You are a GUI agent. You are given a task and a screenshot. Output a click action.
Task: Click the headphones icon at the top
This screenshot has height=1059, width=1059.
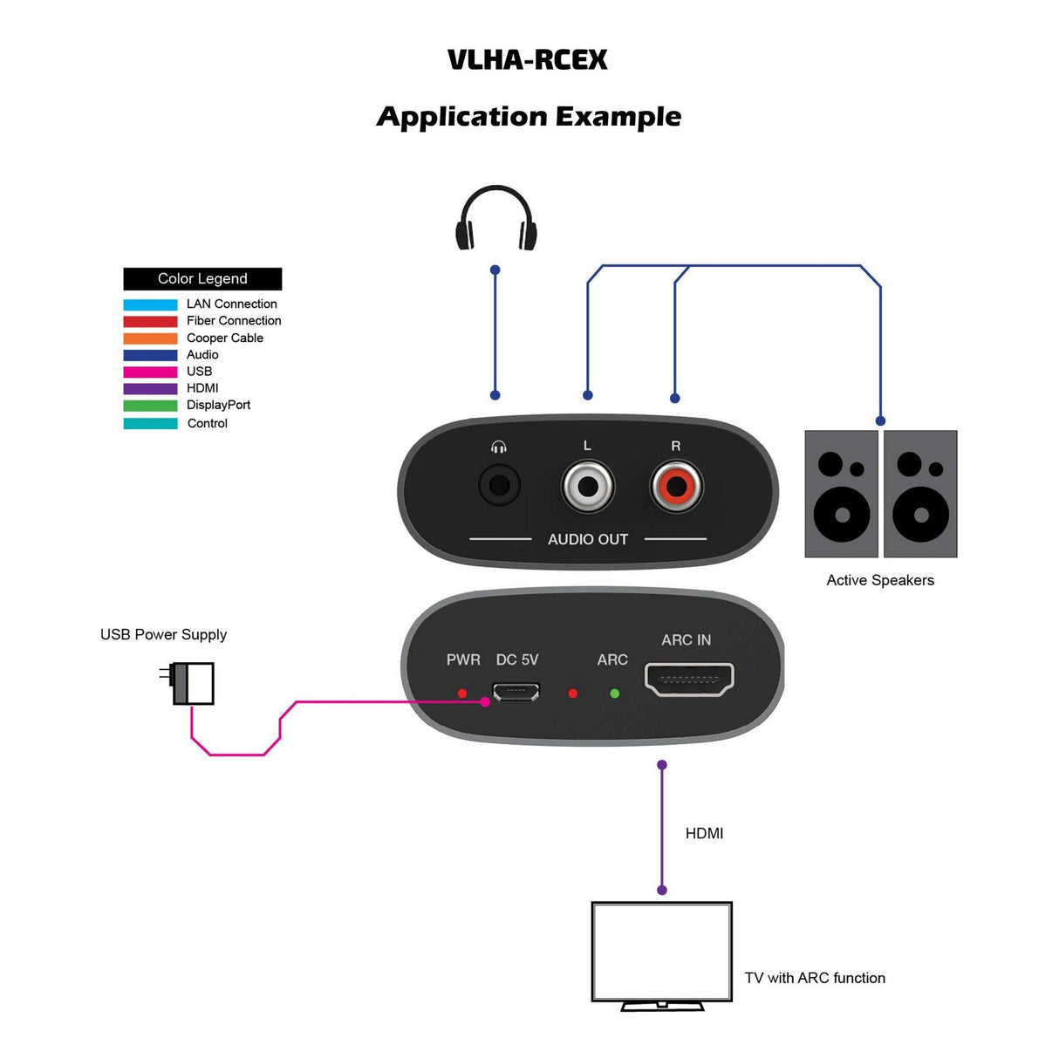click(x=495, y=219)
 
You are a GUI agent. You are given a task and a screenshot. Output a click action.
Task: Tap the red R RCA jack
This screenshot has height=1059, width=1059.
click(x=676, y=487)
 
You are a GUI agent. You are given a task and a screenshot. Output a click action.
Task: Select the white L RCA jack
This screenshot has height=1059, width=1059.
click(x=587, y=487)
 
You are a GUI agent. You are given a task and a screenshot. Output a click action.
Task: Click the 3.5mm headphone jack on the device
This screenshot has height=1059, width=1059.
click(x=499, y=485)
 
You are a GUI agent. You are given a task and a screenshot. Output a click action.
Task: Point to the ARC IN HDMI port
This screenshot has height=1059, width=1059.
click(x=688, y=680)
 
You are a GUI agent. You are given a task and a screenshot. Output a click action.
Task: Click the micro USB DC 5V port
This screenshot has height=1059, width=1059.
click(x=516, y=693)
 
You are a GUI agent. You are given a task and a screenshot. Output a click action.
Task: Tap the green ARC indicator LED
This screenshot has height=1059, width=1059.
click(x=614, y=693)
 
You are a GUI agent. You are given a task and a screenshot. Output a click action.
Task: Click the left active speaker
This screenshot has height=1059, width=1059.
click(x=841, y=494)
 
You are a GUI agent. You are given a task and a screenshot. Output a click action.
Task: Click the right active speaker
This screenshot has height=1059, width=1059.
click(x=920, y=494)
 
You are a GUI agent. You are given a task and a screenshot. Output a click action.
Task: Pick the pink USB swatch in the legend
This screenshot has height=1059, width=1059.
click(x=150, y=372)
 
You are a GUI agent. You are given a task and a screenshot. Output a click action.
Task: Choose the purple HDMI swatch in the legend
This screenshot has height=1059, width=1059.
click(x=150, y=388)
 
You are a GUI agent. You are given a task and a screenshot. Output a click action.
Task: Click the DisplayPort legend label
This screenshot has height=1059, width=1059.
click(x=218, y=405)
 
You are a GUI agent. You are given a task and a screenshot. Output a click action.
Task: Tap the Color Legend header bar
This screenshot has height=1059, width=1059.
click(x=202, y=278)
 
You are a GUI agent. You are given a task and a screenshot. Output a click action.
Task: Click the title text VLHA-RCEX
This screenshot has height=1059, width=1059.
click(x=528, y=59)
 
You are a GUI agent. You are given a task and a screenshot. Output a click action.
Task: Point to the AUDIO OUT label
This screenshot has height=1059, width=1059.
click(x=587, y=539)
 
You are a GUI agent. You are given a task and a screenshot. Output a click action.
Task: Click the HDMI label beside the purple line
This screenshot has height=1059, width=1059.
click(x=704, y=833)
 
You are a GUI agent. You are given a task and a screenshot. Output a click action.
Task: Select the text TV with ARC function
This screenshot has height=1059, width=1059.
click(x=815, y=978)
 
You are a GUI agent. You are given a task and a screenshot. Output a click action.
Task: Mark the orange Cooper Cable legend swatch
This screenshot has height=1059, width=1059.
click(x=150, y=338)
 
